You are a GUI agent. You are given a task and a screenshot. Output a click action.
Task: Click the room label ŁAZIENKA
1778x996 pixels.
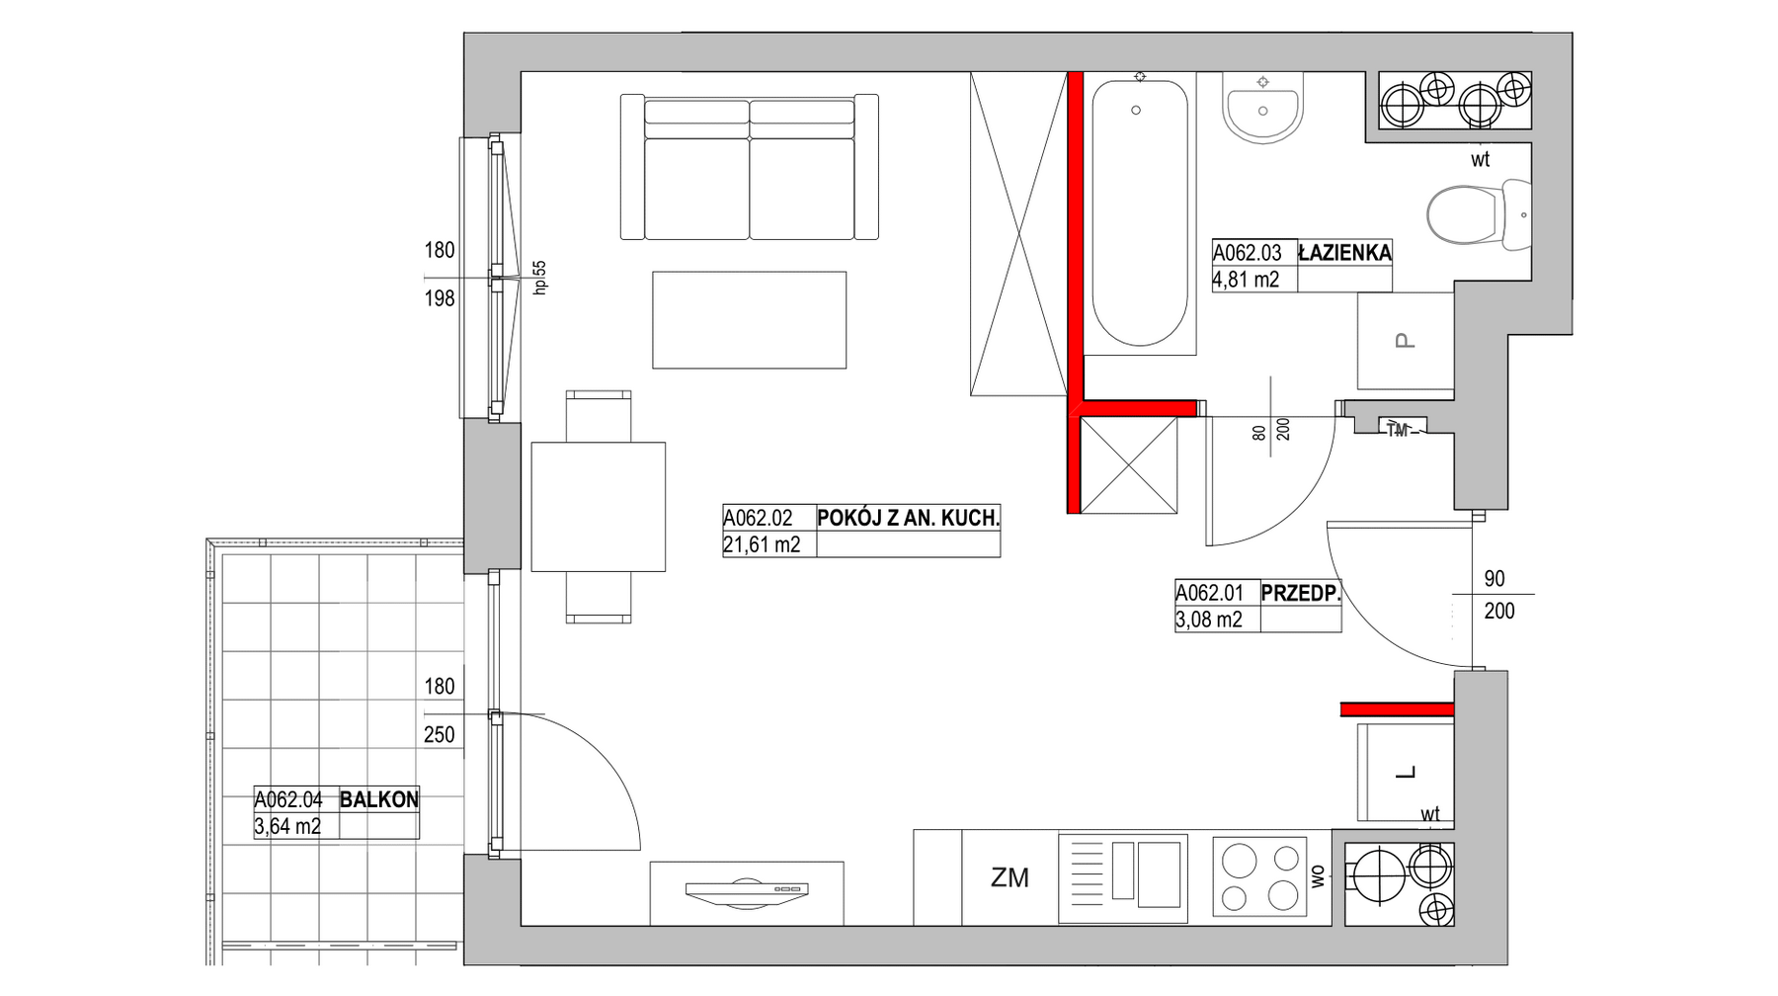click(x=1344, y=253)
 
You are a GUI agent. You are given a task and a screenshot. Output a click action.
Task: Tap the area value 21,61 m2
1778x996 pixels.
click(x=762, y=544)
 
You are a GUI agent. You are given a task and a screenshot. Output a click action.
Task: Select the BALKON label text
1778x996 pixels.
click(x=379, y=799)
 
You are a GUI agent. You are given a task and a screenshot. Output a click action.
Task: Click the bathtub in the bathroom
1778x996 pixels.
click(x=1139, y=213)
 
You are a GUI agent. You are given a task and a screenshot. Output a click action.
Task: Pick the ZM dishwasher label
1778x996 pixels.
click(x=1010, y=877)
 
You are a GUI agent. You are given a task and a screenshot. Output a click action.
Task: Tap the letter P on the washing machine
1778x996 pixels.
click(x=1404, y=341)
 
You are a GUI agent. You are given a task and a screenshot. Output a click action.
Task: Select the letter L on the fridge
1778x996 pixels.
click(x=1406, y=773)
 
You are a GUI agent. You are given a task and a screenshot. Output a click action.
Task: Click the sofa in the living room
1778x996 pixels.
click(x=750, y=167)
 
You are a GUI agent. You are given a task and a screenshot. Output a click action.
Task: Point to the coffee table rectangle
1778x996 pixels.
click(x=749, y=320)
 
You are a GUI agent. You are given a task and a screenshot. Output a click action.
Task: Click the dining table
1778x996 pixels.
click(x=598, y=507)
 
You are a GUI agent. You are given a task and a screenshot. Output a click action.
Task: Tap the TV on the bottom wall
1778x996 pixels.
click(x=747, y=891)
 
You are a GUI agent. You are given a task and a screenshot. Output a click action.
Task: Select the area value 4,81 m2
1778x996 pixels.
click(x=1246, y=280)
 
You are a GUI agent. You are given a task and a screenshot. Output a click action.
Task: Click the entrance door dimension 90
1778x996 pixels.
click(x=1495, y=579)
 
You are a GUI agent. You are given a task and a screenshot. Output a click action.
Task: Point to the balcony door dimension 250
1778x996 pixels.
click(x=440, y=735)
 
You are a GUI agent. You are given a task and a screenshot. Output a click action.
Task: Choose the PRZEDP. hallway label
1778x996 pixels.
click(x=1301, y=593)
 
